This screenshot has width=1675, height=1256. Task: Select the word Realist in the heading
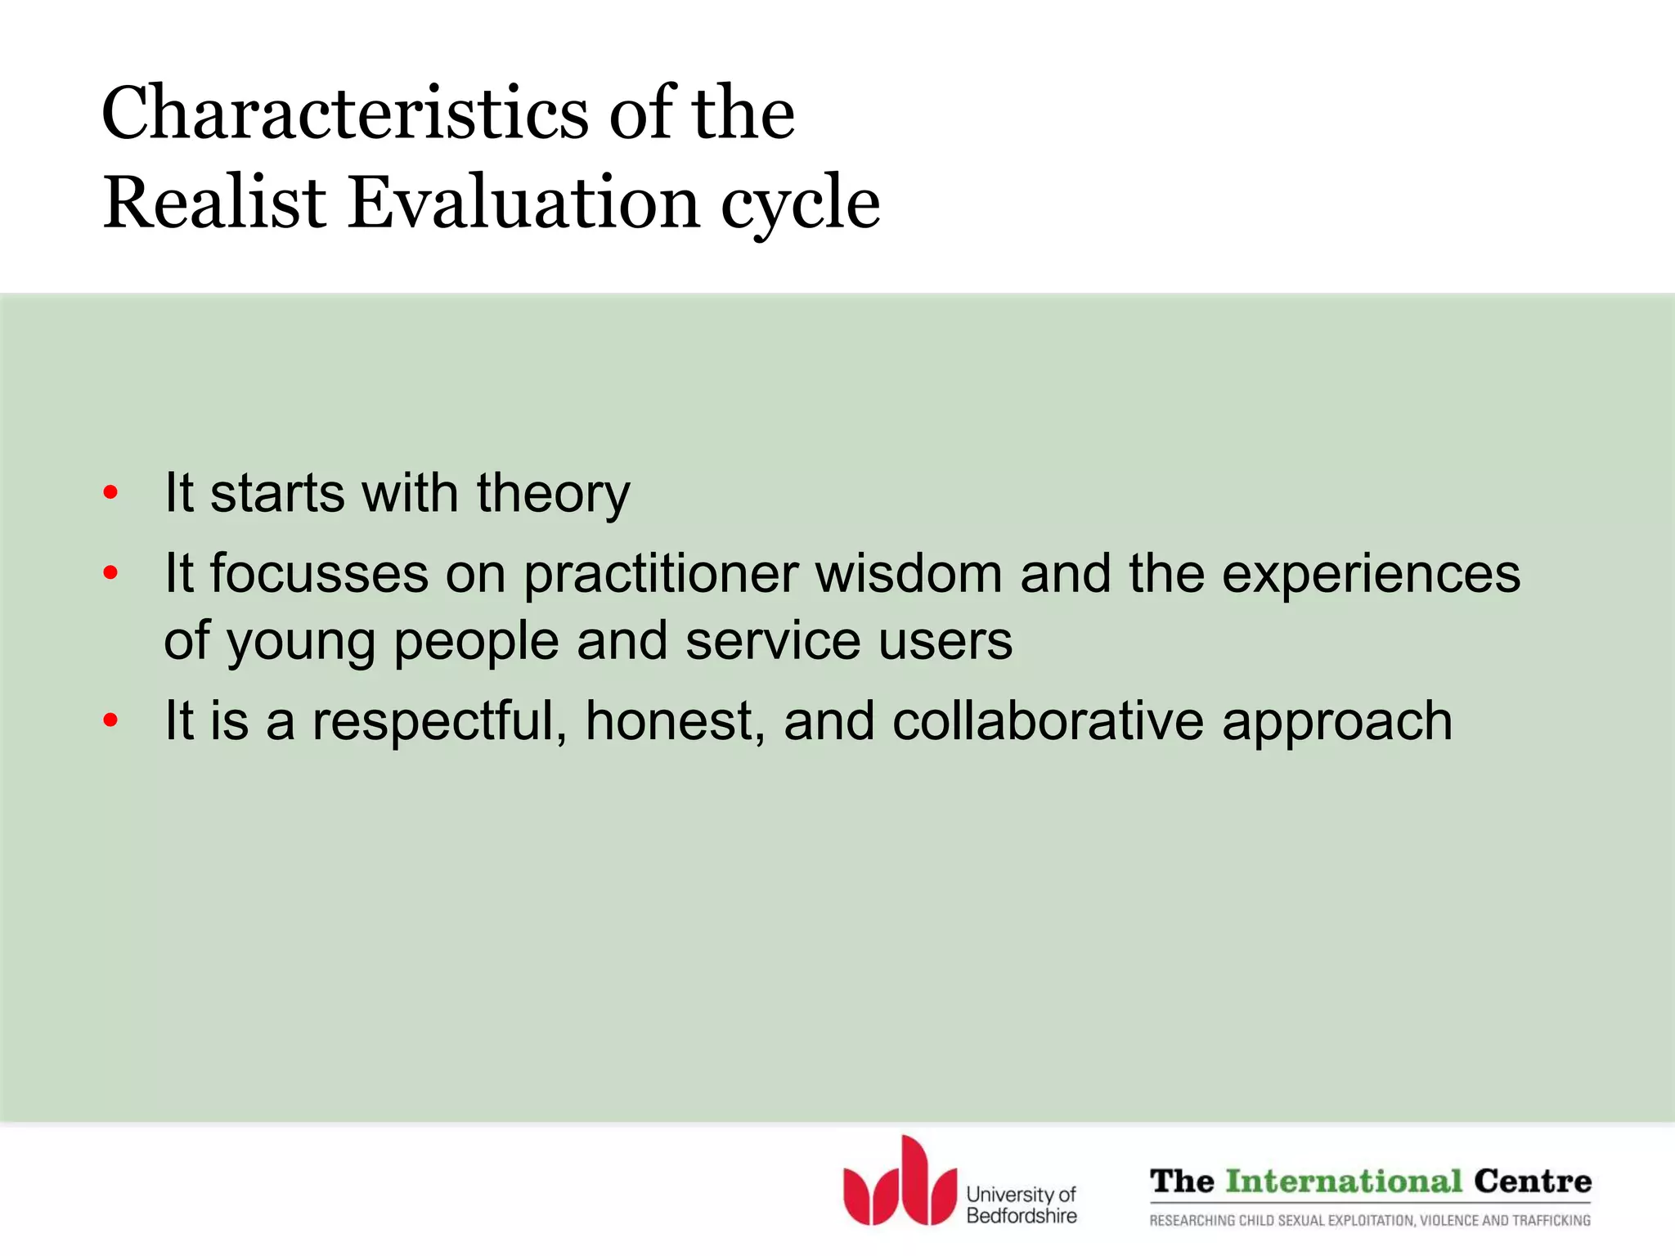click(x=214, y=203)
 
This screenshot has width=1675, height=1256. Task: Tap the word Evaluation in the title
click(x=523, y=203)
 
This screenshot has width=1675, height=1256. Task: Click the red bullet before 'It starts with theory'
click(x=110, y=493)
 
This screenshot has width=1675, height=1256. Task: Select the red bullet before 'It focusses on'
click(x=110, y=573)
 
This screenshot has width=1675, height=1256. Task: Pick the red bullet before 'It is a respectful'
click(x=110, y=720)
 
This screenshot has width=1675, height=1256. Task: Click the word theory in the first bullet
click(x=553, y=495)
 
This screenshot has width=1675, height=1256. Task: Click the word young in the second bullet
click(x=301, y=642)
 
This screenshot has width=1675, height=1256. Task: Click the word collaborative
click(x=1048, y=720)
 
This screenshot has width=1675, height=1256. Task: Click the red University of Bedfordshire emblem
click(x=900, y=1182)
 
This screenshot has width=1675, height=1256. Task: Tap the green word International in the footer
click(x=1344, y=1182)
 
